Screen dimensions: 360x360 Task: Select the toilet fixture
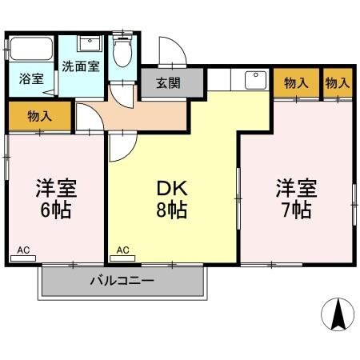point(122,52)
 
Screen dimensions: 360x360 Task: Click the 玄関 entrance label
point(168,82)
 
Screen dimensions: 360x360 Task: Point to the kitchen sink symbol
point(254,80)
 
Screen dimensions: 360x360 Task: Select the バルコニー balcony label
point(121,281)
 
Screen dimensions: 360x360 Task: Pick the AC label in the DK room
point(122,250)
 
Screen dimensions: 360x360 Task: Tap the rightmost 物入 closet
point(338,82)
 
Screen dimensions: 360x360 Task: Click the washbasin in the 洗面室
point(90,43)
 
